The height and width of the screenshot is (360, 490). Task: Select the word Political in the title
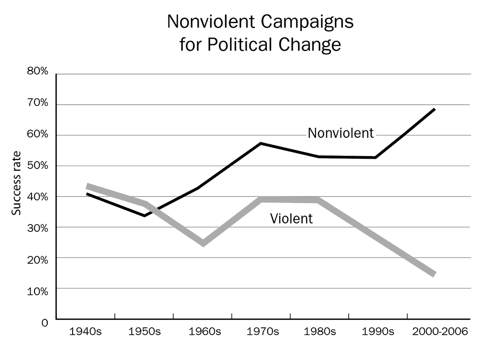pos(248,45)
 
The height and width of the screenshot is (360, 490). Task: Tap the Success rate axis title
pos(17,183)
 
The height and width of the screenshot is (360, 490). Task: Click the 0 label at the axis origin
pos(44,323)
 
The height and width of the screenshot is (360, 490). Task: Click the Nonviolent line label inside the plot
pos(341,133)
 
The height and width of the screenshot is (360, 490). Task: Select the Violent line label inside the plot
pos(291,218)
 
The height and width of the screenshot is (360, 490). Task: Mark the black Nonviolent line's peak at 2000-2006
pos(434,109)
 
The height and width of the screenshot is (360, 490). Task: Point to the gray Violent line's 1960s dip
pos(203,243)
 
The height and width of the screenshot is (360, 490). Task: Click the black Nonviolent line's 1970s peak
pos(261,143)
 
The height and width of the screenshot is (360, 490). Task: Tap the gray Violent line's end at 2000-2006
pos(434,274)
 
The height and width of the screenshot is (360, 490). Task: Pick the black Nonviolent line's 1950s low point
pos(144,216)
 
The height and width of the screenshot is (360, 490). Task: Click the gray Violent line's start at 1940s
pos(88,186)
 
